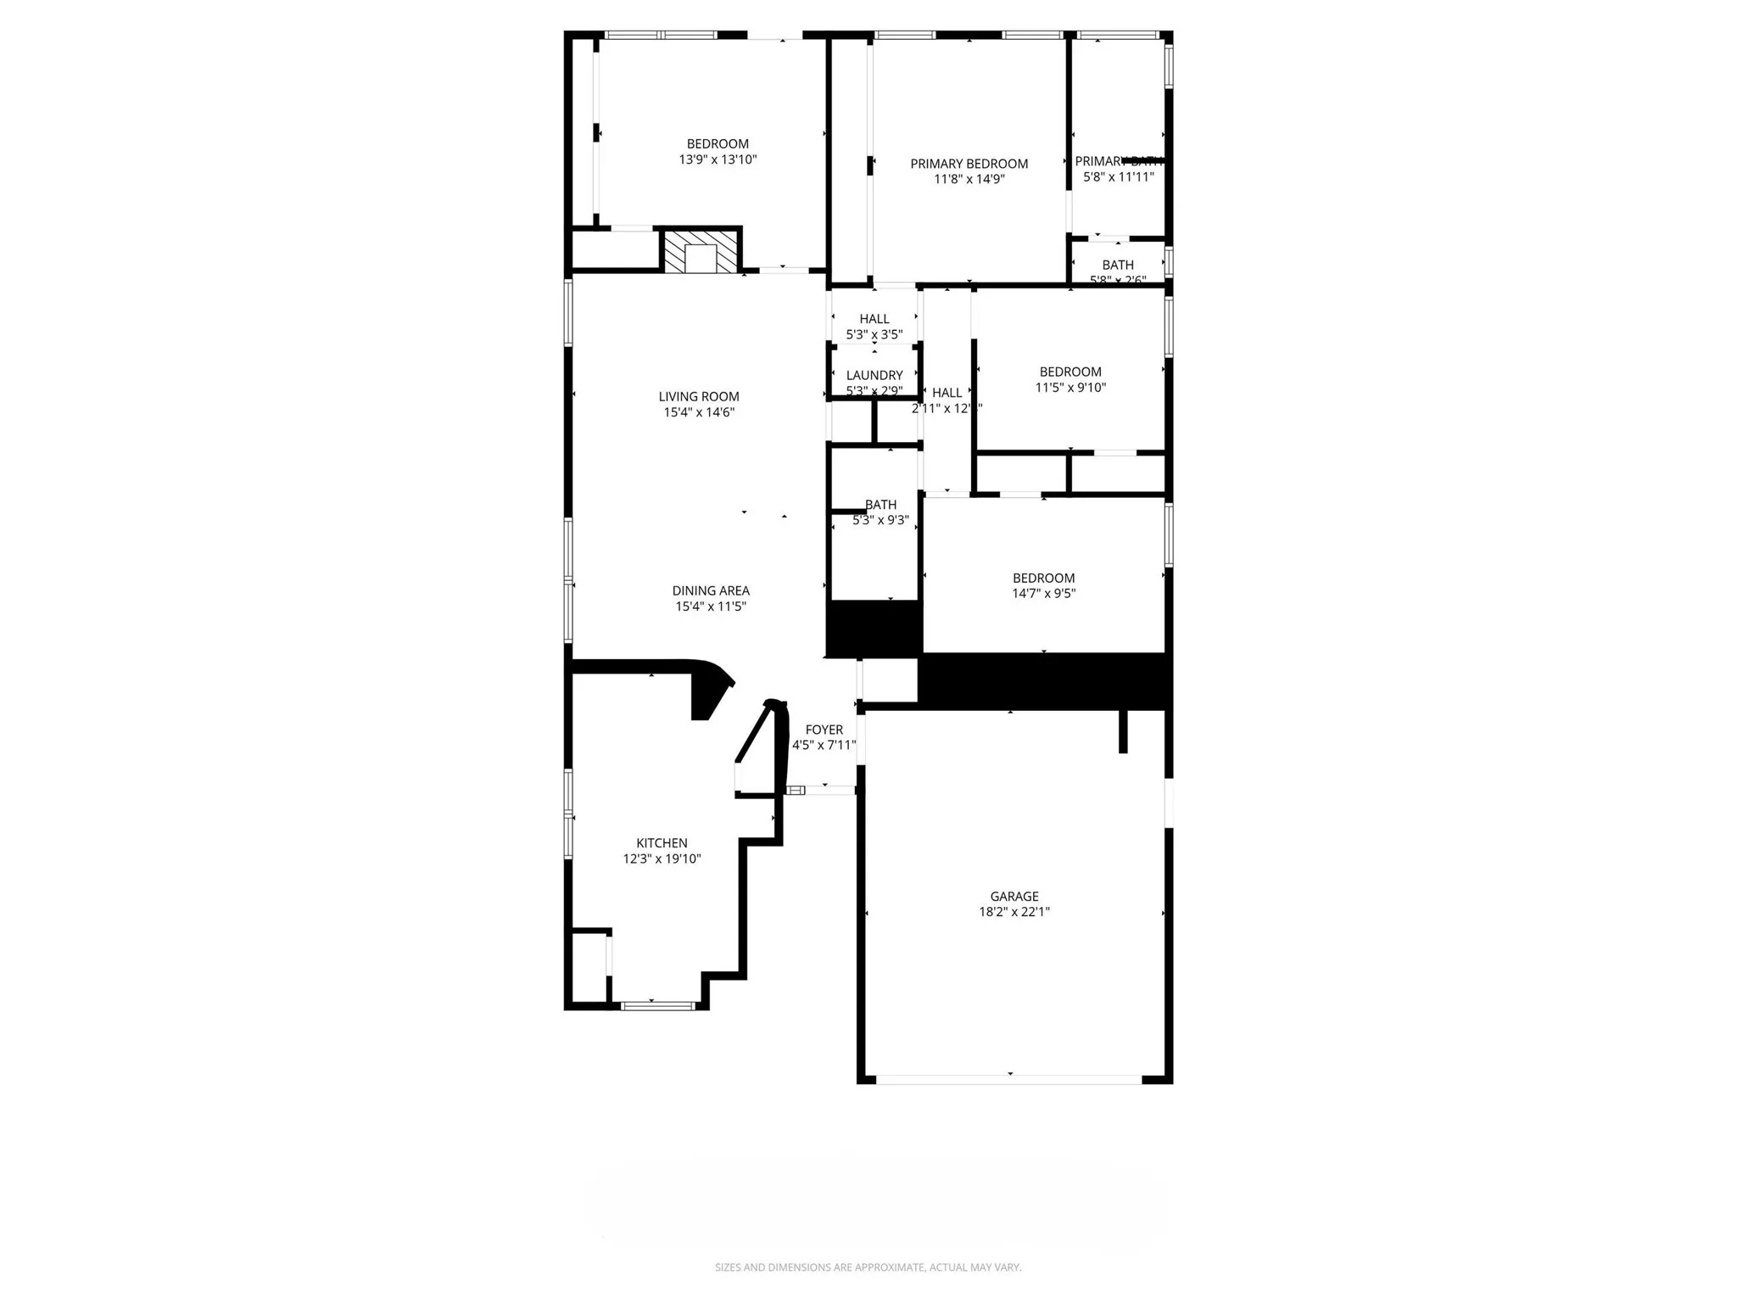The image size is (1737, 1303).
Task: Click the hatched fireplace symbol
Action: [x=701, y=251]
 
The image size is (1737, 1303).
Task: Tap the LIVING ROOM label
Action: [x=699, y=396]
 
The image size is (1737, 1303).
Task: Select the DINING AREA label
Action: [x=711, y=590]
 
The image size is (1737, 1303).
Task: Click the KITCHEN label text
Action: [x=662, y=842]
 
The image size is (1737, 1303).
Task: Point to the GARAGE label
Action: [x=1014, y=896]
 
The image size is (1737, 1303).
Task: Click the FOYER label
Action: [x=824, y=730]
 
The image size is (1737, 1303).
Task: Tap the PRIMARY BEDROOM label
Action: [x=969, y=164]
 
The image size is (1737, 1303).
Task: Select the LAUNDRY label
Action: [x=874, y=375]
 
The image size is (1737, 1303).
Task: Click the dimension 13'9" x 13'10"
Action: [x=718, y=159]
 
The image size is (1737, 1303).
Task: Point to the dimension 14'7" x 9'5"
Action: [x=1043, y=594]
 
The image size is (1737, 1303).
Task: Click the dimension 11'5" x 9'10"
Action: [x=1070, y=388]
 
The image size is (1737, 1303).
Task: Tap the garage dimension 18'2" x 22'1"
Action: [x=1014, y=912]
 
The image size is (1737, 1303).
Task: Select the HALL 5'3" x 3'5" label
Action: [x=874, y=327]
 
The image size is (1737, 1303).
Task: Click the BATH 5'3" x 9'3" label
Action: [x=880, y=512]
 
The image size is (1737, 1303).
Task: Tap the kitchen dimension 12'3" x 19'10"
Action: [x=662, y=858]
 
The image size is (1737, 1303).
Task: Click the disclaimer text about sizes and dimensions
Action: [x=868, y=1267]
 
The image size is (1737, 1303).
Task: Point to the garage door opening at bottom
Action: [x=1008, y=1080]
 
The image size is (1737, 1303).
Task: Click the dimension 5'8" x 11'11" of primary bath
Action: [x=1118, y=177]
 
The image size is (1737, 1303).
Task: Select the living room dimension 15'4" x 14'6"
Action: [x=699, y=412]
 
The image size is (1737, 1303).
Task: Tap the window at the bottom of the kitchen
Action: [x=657, y=1006]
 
